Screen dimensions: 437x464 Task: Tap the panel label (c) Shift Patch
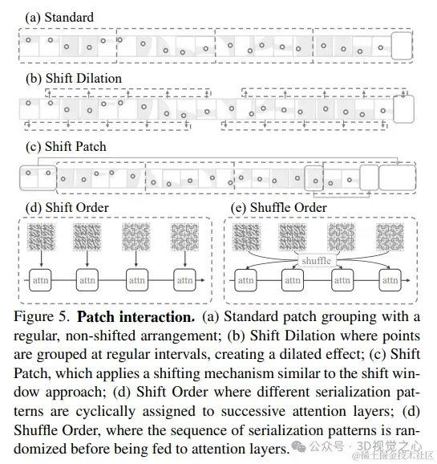coord(66,147)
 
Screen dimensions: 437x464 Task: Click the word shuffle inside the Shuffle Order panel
coord(318,260)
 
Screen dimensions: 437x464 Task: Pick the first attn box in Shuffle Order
coord(246,280)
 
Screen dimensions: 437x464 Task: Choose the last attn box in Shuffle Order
coord(390,280)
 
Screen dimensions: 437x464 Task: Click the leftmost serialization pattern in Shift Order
coord(42,237)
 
